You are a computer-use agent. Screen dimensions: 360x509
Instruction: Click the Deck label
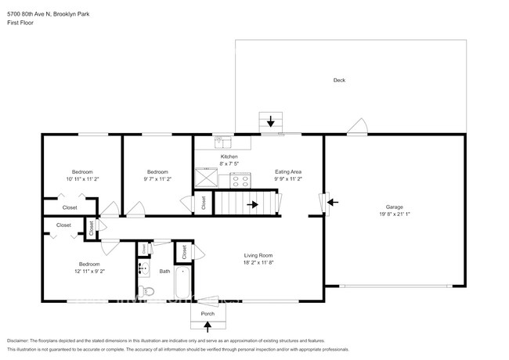click(x=339, y=80)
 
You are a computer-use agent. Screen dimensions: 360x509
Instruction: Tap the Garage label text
click(x=394, y=207)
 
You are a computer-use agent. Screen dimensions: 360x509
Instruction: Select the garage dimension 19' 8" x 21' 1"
click(x=394, y=214)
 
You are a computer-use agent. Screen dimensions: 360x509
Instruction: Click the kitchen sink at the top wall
click(x=222, y=142)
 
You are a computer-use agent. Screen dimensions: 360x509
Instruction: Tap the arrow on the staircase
click(x=252, y=205)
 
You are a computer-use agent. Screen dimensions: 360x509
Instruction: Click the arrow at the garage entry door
click(x=332, y=202)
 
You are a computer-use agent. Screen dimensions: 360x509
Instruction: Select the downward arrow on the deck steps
click(x=272, y=121)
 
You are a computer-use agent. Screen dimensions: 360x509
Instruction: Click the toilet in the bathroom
click(x=151, y=292)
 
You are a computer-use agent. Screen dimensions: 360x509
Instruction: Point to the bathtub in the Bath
click(x=182, y=284)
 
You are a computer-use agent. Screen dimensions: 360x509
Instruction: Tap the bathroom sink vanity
click(x=143, y=268)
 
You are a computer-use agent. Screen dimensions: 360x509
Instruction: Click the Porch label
click(x=208, y=314)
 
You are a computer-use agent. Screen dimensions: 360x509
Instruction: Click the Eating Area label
click(x=288, y=171)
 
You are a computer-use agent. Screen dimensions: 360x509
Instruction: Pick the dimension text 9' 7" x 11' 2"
click(x=158, y=178)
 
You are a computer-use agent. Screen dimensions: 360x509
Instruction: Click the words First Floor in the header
click(x=20, y=23)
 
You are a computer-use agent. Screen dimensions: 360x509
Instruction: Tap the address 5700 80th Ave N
click(x=28, y=11)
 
